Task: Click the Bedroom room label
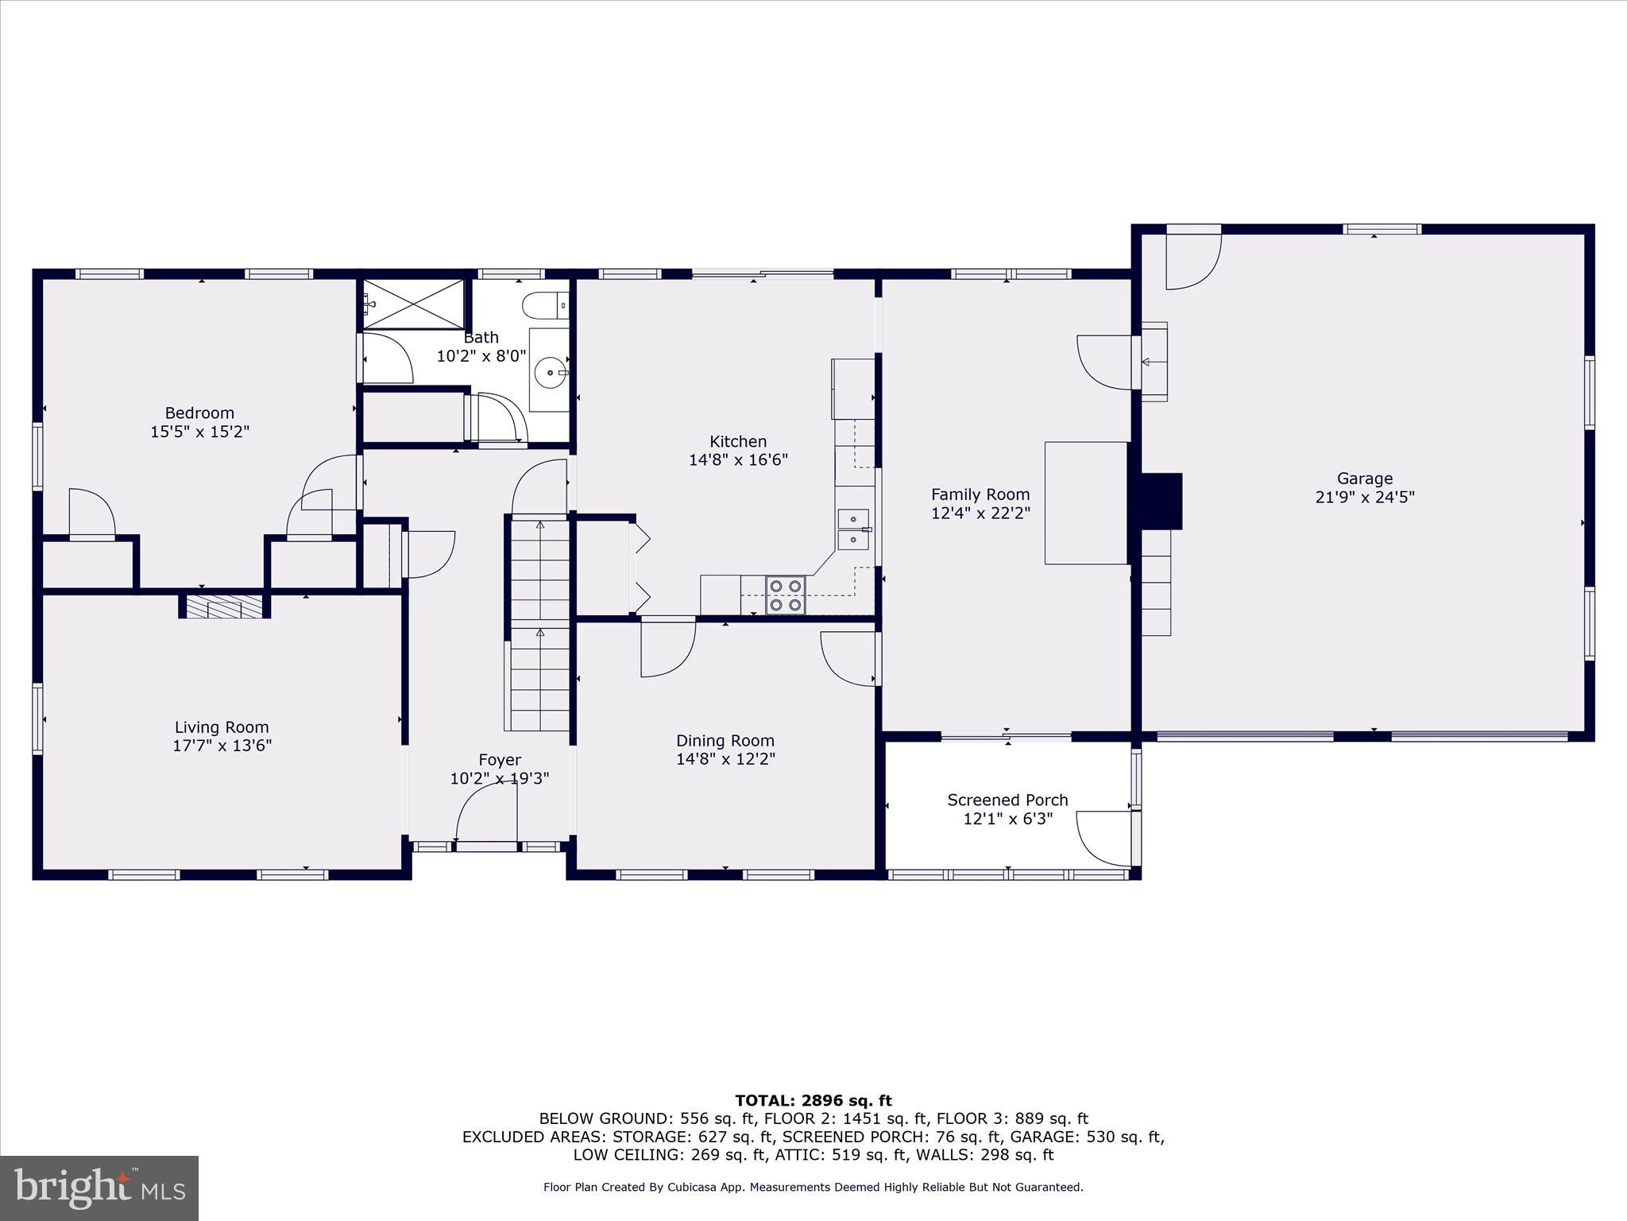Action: tap(199, 413)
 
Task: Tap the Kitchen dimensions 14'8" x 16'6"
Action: tap(738, 459)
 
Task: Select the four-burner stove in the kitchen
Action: tap(786, 595)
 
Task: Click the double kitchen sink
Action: tap(853, 530)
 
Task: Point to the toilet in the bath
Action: tap(544, 304)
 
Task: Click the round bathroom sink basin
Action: tap(550, 371)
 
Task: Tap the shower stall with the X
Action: tap(413, 304)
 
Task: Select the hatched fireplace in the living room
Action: tap(223, 607)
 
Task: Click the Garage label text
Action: tap(1364, 479)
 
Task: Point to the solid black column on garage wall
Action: tap(1161, 501)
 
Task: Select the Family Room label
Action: tap(980, 494)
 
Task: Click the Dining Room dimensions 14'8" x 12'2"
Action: tap(725, 759)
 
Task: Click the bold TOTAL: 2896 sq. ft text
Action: tap(813, 1101)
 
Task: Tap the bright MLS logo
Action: tap(99, 1188)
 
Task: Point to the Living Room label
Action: tap(222, 727)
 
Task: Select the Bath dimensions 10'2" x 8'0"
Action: tap(481, 356)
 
